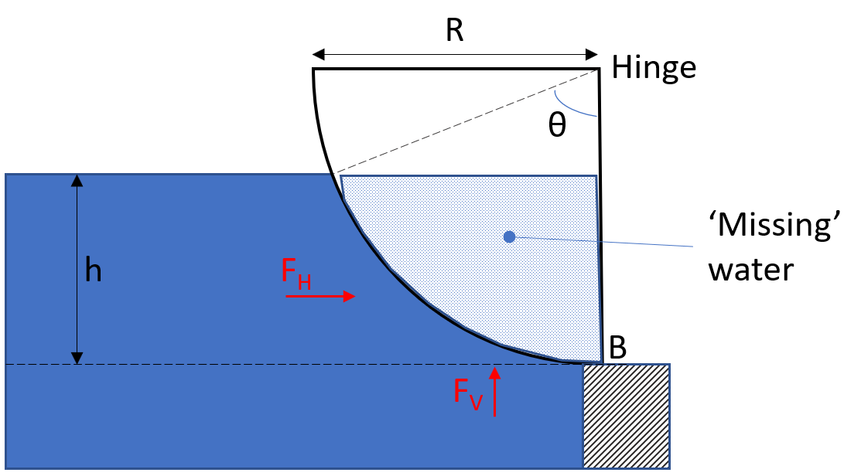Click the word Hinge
[x=654, y=68]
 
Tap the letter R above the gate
[x=454, y=31]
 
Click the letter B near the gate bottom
[x=617, y=348]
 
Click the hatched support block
[x=625, y=416]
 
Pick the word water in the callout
[x=751, y=270]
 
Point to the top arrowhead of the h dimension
[x=77, y=181]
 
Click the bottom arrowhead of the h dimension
[x=77, y=357]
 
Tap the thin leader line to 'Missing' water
[x=603, y=242]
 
